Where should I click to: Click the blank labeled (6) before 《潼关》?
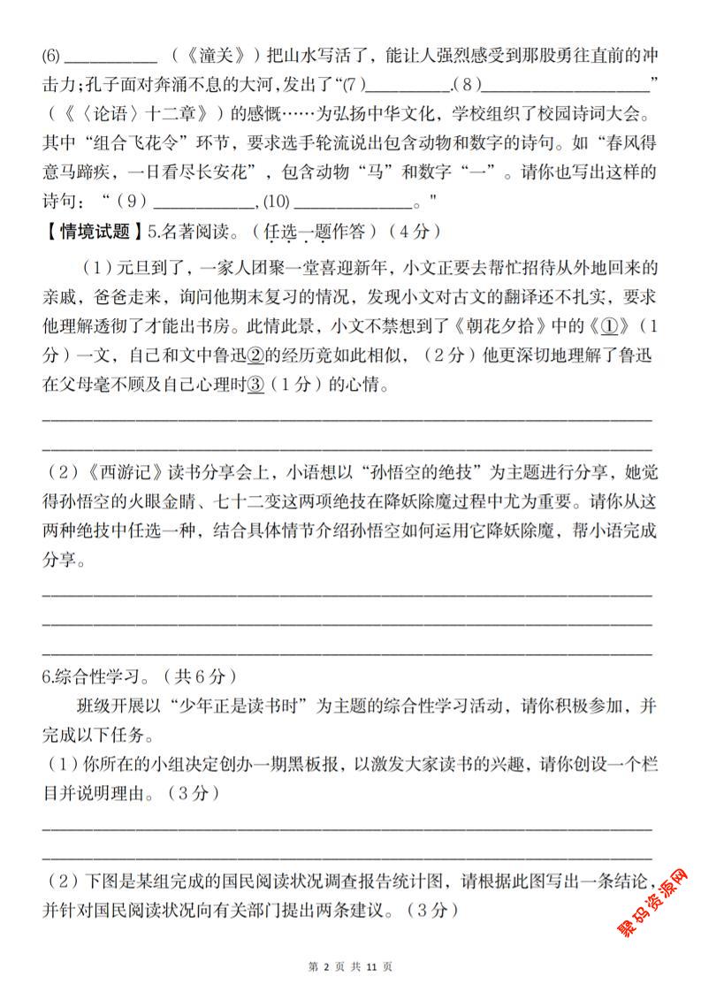111,59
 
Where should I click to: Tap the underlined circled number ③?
257,385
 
